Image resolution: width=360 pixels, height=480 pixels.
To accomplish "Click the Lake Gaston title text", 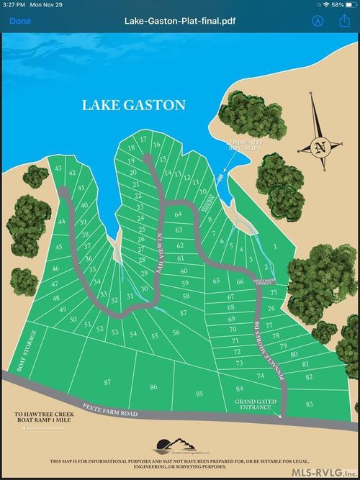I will coord(133,105).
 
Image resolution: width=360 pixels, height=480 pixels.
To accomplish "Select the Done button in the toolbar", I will coord(20,21).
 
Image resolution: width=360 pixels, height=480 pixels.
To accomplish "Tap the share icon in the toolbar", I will coord(343,21).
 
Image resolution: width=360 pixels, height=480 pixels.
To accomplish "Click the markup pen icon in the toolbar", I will coord(317,21).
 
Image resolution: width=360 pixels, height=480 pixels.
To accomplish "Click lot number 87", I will coord(108,381).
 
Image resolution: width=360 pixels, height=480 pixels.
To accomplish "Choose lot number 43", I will coord(58,168).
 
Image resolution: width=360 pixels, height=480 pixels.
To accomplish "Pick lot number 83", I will coord(310,404).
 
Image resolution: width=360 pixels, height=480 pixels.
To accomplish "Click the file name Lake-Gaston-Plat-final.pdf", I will coord(179,21).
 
